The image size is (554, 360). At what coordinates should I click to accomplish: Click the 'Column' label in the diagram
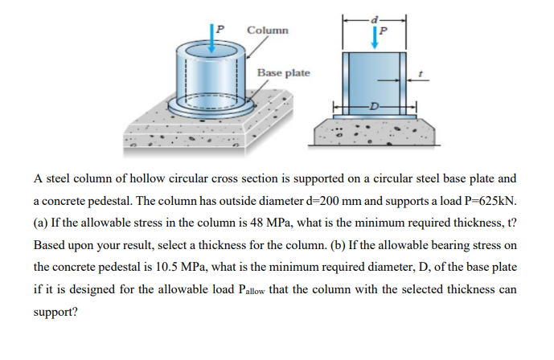point(268,31)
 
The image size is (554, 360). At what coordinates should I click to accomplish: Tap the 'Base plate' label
point(283,73)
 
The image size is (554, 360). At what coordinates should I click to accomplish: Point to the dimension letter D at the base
point(374,105)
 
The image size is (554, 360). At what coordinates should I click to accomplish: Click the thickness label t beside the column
point(420,74)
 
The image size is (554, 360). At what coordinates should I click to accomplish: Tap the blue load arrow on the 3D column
point(212,39)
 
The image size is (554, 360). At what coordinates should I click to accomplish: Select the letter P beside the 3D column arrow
point(220,29)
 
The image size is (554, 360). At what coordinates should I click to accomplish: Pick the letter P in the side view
point(383,31)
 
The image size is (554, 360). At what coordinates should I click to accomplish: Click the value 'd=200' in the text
point(323,201)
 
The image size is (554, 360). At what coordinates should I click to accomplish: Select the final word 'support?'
point(55,313)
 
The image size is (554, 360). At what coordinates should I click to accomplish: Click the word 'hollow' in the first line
point(148,178)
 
